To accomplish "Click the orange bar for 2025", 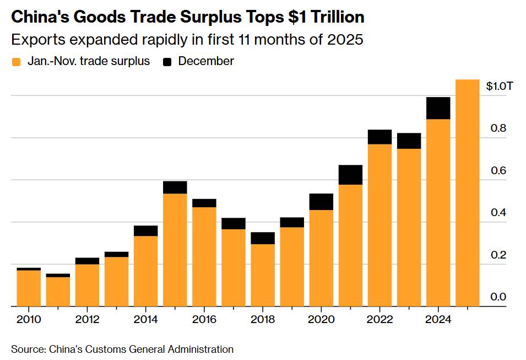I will tap(467, 193).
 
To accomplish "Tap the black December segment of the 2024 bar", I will tap(438, 108).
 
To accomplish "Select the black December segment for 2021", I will tap(350, 175).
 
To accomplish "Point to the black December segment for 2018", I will tap(263, 238).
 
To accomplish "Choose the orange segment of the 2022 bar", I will tap(379, 225).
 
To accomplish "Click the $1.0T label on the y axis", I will tap(500, 86).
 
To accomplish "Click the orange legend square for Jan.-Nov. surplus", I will tap(17, 62).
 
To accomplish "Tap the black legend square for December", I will tap(167, 62).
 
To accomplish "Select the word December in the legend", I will tap(206, 61).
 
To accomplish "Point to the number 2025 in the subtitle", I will tap(345, 40).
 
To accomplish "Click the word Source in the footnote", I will tap(28, 349).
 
